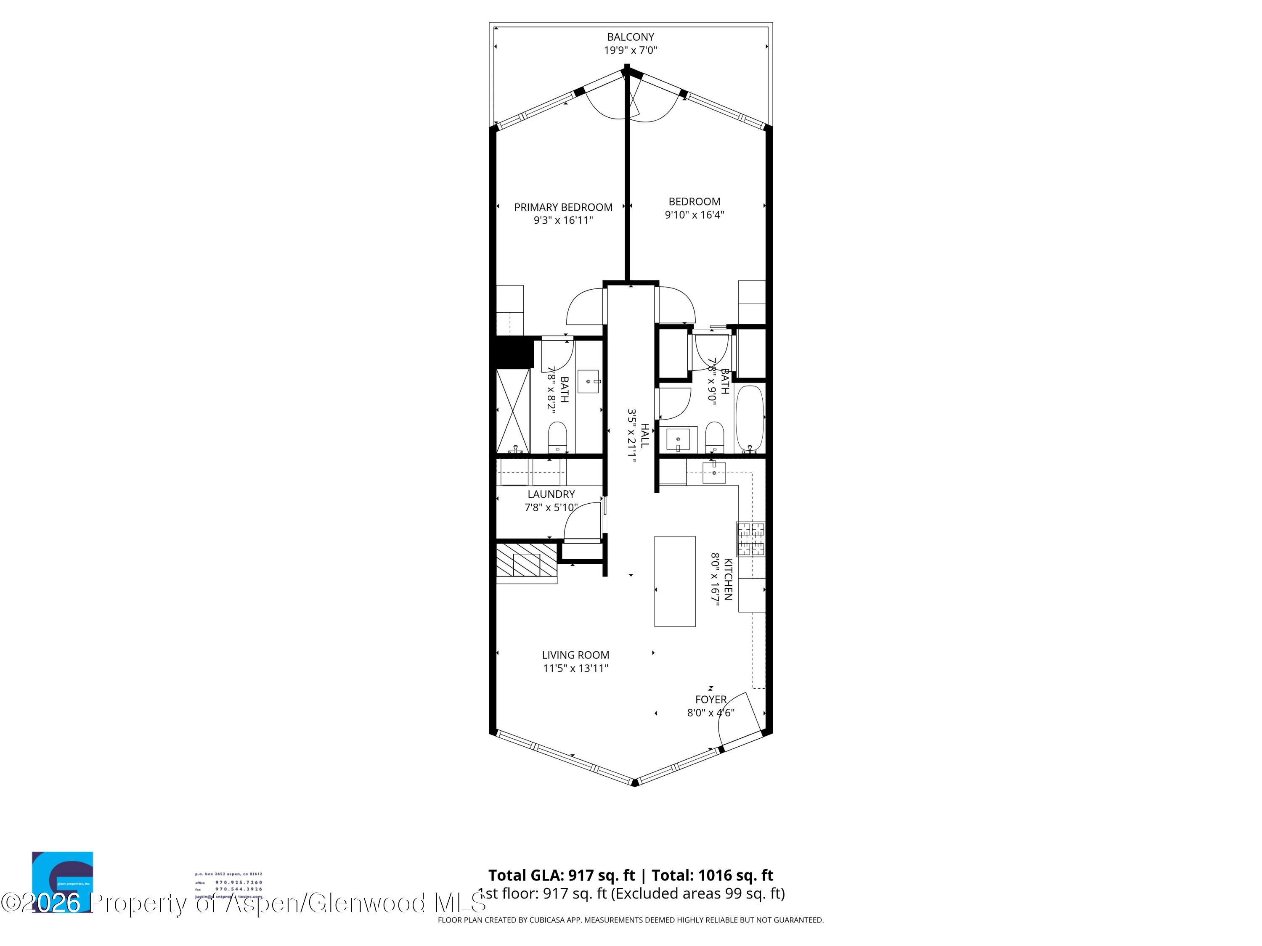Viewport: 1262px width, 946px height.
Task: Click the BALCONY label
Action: (x=631, y=37)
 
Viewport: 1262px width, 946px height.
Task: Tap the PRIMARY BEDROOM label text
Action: (x=563, y=207)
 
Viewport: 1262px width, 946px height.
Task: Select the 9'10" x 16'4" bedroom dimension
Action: (x=695, y=215)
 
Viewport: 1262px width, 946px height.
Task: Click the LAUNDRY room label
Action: (x=551, y=494)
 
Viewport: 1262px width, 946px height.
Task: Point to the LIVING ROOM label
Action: (x=575, y=655)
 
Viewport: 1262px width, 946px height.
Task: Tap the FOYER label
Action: (x=711, y=700)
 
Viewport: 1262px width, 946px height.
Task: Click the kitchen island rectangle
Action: (x=674, y=581)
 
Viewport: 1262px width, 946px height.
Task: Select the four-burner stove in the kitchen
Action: (x=750, y=539)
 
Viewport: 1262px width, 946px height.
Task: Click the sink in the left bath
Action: (x=588, y=381)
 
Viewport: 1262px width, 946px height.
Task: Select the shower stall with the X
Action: (x=513, y=410)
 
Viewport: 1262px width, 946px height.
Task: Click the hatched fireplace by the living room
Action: (x=526, y=560)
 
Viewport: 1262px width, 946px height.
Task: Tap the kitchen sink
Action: (x=714, y=473)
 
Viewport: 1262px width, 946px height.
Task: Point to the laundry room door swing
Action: (x=582, y=521)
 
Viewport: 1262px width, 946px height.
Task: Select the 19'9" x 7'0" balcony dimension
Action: (x=631, y=50)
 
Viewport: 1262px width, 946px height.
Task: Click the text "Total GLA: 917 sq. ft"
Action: (x=562, y=875)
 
